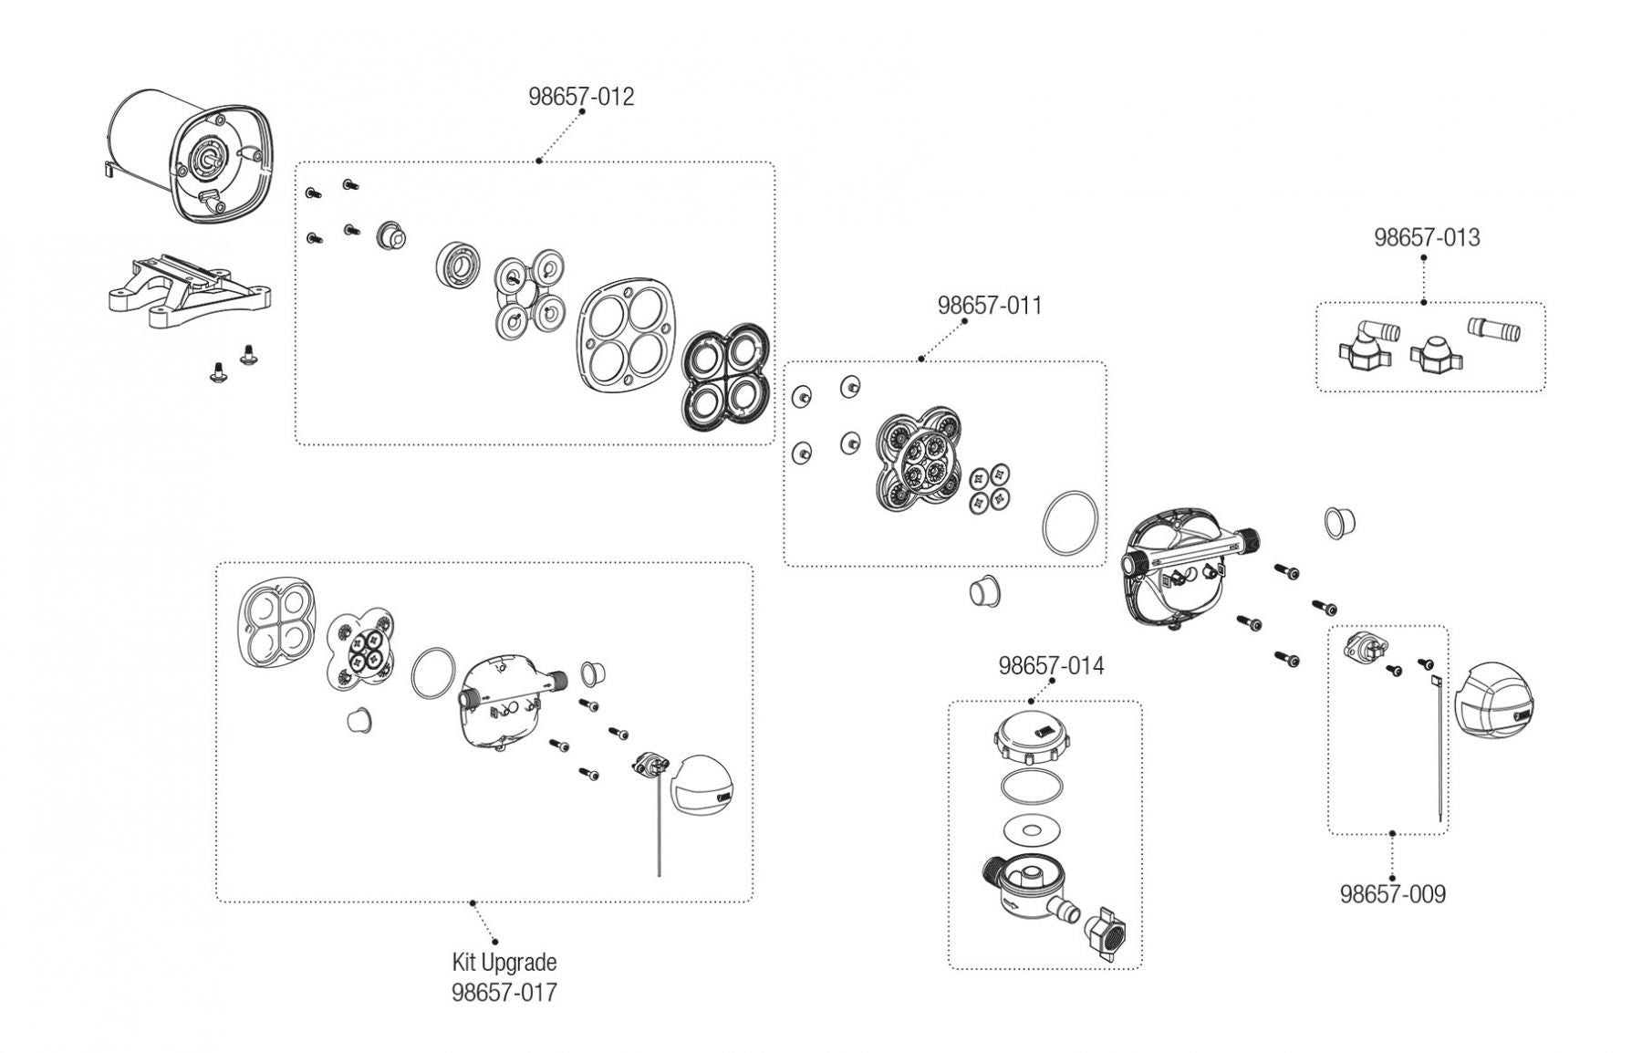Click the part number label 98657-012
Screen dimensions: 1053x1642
pos(581,97)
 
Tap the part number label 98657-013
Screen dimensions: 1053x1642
pos(1427,237)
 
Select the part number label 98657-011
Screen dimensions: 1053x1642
pos(990,306)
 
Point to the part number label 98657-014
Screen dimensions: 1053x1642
pos(1051,666)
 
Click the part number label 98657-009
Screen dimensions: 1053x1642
pos(1392,894)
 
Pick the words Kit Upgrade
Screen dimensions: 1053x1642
pos(504,962)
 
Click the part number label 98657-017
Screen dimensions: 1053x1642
pos(504,993)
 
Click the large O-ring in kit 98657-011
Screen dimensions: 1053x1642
pos(1070,523)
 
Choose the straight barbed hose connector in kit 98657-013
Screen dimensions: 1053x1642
pos(1494,329)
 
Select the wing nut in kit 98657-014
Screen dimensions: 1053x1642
pos(1106,933)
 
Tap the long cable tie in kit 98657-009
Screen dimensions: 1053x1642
pos(1436,748)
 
